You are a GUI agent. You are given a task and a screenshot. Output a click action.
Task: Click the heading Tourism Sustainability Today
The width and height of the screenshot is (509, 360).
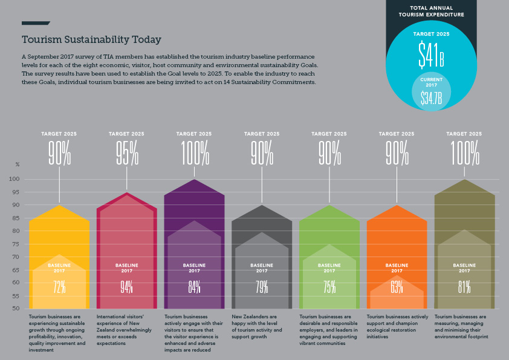(x=91, y=40)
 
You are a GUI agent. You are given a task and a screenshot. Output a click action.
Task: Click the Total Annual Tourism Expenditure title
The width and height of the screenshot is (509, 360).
(x=432, y=11)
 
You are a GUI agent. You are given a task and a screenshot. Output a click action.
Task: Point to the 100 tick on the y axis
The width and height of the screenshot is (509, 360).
(x=15, y=179)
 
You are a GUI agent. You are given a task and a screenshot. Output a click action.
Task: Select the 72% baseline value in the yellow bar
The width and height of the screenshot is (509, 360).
(x=59, y=287)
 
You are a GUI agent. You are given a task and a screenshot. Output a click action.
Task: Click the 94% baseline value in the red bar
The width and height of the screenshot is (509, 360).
(x=126, y=287)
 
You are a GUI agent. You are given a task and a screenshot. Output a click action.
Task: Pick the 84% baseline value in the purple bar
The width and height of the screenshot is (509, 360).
(x=194, y=287)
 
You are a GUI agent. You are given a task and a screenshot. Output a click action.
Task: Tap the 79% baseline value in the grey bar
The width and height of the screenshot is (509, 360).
(x=262, y=287)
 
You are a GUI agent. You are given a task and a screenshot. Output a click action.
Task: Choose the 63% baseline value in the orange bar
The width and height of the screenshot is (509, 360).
(x=397, y=287)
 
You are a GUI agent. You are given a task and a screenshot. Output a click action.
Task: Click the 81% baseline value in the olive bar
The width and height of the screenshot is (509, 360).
(x=464, y=287)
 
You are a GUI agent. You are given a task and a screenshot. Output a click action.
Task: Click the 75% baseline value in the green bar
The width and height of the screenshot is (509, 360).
(x=329, y=287)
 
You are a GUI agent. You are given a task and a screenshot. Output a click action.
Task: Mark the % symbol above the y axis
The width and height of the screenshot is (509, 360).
(x=18, y=165)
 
